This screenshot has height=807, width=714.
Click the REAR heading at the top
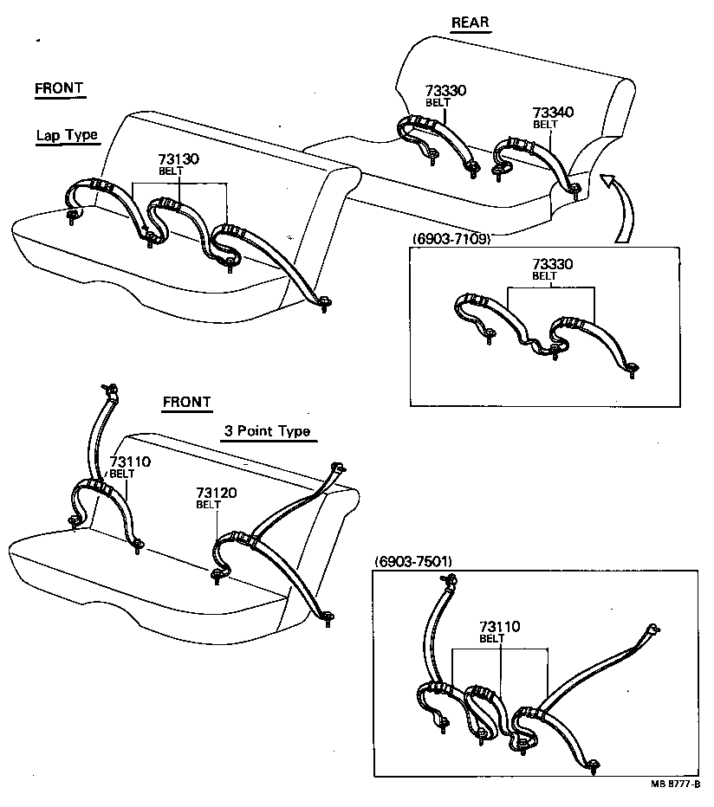point(471,23)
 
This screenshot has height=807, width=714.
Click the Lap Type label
point(66,135)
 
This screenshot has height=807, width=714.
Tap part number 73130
point(178,159)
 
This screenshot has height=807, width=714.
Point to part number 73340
point(553,113)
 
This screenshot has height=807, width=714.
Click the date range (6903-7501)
point(412,561)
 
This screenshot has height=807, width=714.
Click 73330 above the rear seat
point(446,90)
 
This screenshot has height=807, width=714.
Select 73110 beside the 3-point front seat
point(130,462)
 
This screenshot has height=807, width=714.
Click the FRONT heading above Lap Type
point(59,88)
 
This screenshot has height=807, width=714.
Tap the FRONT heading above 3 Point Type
point(186,402)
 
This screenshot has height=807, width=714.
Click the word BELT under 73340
point(545,125)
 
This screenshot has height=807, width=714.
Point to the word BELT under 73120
point(209,505)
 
